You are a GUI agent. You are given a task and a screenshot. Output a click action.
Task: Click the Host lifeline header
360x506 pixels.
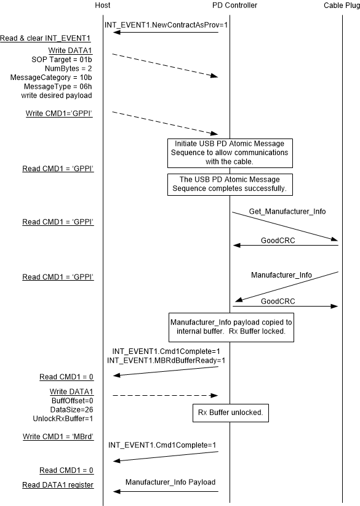point(103,6)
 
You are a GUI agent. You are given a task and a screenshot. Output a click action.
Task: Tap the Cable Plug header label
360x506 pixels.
point(342,6)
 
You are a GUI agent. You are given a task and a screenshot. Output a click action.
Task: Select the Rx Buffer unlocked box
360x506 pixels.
point(230,413)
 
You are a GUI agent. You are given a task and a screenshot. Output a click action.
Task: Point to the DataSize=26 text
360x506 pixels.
point(73,409)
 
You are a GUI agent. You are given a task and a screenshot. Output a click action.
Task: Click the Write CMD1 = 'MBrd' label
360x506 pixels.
point(58,436)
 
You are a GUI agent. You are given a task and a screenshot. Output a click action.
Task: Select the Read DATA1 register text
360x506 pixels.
point(58,485)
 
